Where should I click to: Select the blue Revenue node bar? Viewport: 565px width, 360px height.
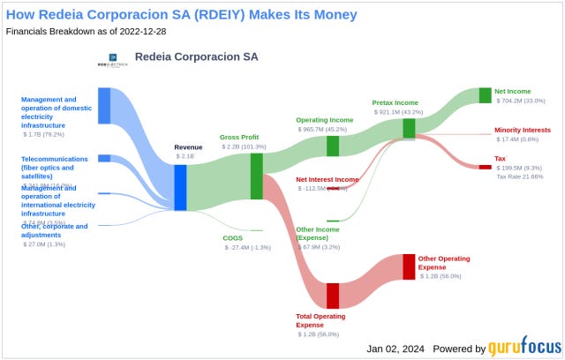[x=180, y=187]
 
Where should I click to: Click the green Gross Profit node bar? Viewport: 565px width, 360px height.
[x=257, y=176]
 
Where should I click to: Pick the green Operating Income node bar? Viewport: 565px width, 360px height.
[x=333, y=146]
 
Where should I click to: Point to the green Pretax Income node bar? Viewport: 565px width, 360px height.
[x=409, y=129]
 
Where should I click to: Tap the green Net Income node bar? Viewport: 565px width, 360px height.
[x=485, y=95]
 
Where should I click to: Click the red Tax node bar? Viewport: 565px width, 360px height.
[x=485, y=167]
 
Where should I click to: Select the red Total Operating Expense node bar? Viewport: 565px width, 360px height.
[x=333, y=296]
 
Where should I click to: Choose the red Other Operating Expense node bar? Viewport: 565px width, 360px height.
[x=409, y=266]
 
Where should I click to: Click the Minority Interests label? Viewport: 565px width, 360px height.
[x=527, y=130]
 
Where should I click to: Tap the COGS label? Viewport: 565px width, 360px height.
[x=233, y=238]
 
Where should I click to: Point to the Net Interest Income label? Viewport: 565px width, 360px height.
[x=327, y=179]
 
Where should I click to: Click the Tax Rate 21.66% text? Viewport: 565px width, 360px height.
[x=519, y=176]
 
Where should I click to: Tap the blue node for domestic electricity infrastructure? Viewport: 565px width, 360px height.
[x=104, y=106]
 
